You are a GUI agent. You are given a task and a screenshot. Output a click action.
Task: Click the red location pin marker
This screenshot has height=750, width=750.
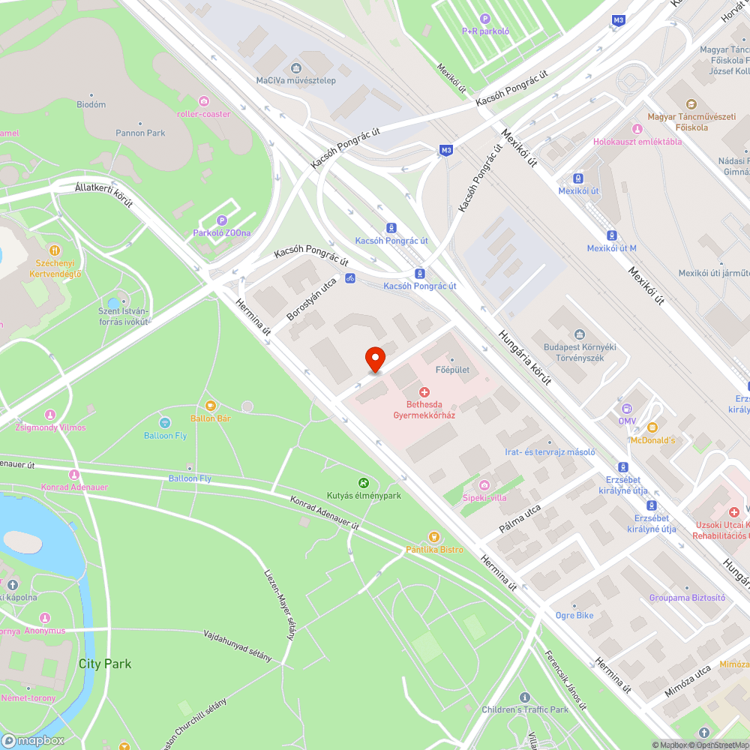[x=374, y=358]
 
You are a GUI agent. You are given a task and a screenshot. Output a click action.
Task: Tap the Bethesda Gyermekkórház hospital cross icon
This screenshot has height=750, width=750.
[x=424, y=392]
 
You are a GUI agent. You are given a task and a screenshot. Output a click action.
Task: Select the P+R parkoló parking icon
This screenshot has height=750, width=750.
[x=485, y=19]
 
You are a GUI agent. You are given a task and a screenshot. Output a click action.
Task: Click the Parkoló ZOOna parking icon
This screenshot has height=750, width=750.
[x=221, y=220]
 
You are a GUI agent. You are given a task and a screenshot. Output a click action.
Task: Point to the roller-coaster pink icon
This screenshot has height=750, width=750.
[x=204, y=101]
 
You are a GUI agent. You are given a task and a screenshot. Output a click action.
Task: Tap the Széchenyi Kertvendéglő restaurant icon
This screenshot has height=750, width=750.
[x=54, y=250]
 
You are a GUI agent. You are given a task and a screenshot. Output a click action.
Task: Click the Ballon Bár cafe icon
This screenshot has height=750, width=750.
[x=210, y=406]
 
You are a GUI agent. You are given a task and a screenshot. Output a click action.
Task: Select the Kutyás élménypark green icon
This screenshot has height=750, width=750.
[x=364, y=483]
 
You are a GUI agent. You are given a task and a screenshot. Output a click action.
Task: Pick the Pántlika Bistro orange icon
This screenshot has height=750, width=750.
[x=433, y=537]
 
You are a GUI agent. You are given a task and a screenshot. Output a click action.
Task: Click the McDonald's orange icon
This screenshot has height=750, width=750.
[x=652, y=427]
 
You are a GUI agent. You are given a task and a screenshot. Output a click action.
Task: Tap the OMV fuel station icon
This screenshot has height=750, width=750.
[x=626, y=409]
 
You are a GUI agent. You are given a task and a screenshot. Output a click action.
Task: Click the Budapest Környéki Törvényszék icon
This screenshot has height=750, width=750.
[x=579, y=334]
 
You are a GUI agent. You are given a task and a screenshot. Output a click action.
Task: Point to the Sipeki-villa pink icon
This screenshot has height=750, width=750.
[x=484, y=484]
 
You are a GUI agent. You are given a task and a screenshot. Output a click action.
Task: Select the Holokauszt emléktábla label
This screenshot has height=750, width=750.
[x=637, y=141]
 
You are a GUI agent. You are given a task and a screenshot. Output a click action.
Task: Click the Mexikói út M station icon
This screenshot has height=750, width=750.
[x=611, y=235]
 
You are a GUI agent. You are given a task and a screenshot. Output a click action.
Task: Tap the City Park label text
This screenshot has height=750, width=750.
[x=105, y=664]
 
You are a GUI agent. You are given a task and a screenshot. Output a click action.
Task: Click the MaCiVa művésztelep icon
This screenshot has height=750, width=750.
[x=295, y=67]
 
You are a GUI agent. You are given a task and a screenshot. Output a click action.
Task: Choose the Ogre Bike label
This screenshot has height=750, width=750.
[x=574, y=616]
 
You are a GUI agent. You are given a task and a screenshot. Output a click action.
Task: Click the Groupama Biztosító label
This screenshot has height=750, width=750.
[x=687, y=598]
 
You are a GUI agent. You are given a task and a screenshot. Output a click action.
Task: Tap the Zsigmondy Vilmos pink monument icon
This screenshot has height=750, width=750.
[x=50, y=414]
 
